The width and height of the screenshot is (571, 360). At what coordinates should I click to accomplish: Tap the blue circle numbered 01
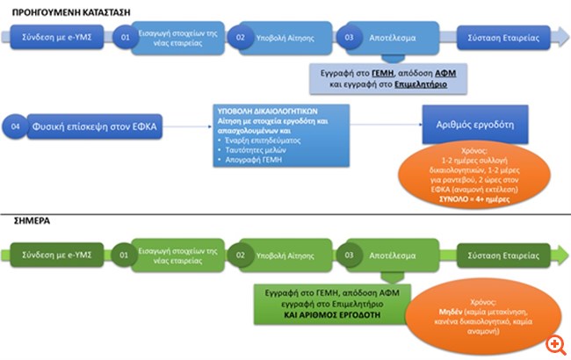pos(126,40)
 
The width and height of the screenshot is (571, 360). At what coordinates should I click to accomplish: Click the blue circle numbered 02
pos(240,40)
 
